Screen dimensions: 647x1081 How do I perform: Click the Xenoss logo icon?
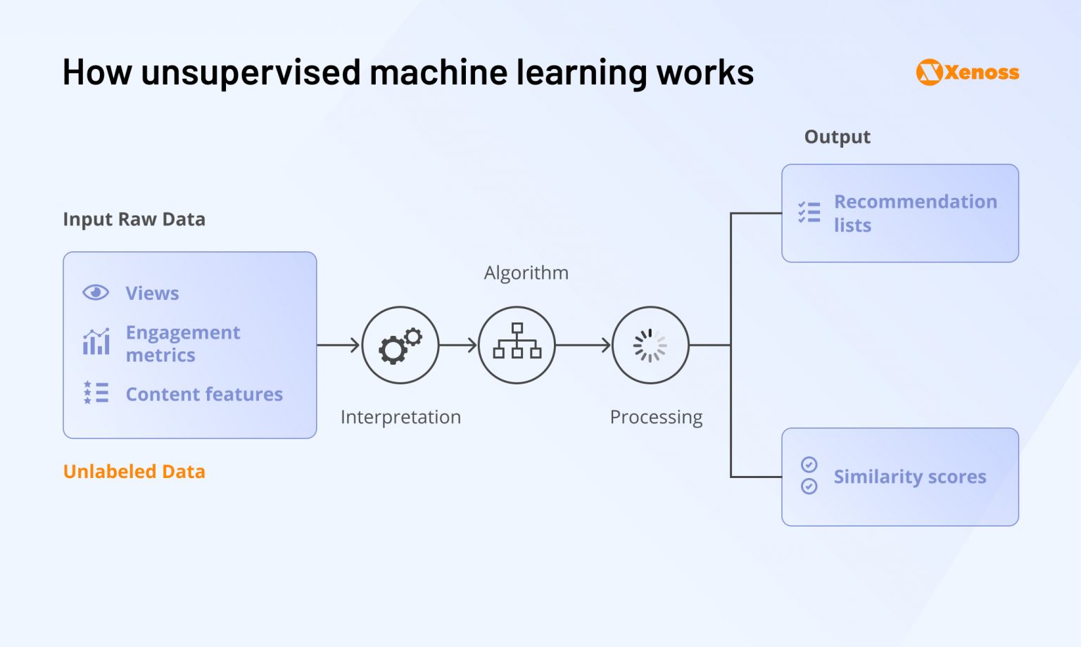click(x=929, y=73)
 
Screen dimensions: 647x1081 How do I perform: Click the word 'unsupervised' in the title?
click(x=251, y=73)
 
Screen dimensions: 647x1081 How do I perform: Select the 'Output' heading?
click(x=837, y=137)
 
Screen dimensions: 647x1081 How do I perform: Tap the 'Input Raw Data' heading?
click(x=134, y=220)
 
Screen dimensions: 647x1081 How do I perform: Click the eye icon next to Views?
click(x=96, y=292)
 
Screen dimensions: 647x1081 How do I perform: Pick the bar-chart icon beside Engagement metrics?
click(x=96, y=342)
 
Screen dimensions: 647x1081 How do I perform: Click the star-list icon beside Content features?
click(x=96, y=393)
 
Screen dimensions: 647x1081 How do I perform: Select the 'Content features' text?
click(x=204, y=394)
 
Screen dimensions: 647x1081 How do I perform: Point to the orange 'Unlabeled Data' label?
click(x=134, y=472)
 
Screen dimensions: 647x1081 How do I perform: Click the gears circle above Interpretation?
click(x=400, y=345)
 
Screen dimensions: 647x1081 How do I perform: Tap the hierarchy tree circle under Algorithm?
click(x=517, y=345)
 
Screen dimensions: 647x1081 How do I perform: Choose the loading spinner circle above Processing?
click(x=650, y=345)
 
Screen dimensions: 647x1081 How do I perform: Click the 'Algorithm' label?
click(x=526, y=273)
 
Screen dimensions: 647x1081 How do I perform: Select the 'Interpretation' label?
click(x=400, y=417)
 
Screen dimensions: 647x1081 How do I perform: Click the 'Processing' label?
click(x=656, y=417)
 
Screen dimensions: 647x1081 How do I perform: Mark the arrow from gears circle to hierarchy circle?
click(x=458, y=345)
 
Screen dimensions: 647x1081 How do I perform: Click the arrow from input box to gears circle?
click(x=339, y=345)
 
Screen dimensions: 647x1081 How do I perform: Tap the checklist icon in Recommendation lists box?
click(x=809, y=212)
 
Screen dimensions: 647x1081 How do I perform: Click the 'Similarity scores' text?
click(x=909, y=477)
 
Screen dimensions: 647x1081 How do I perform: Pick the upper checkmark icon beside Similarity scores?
click(x=809, y=464)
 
